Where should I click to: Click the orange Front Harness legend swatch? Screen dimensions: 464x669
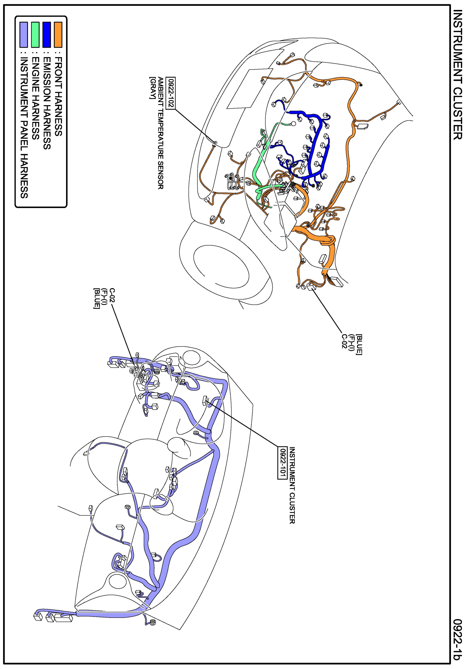click(x=58, y=35)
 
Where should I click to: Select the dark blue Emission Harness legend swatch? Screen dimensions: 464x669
click(x=46, y=35)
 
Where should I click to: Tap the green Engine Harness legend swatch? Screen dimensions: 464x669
click(x=35, y=35)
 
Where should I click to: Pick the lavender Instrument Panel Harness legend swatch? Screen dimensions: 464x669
click(x=23, y=35)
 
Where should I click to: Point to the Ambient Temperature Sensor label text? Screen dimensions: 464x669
click(x=160, y=133)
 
